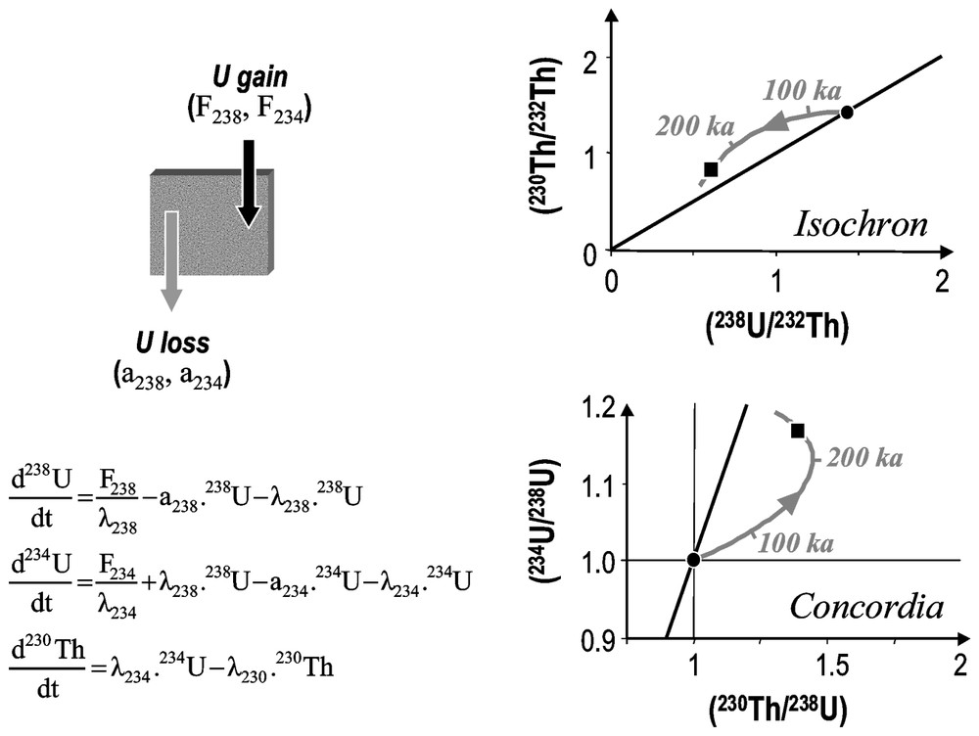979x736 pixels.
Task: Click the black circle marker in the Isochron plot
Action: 847,113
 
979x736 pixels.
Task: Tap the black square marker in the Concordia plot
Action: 798,431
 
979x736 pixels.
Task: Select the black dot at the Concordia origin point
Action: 693,560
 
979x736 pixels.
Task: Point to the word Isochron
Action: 859,225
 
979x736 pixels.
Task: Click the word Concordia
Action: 866,608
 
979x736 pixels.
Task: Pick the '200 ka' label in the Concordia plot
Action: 863,458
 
